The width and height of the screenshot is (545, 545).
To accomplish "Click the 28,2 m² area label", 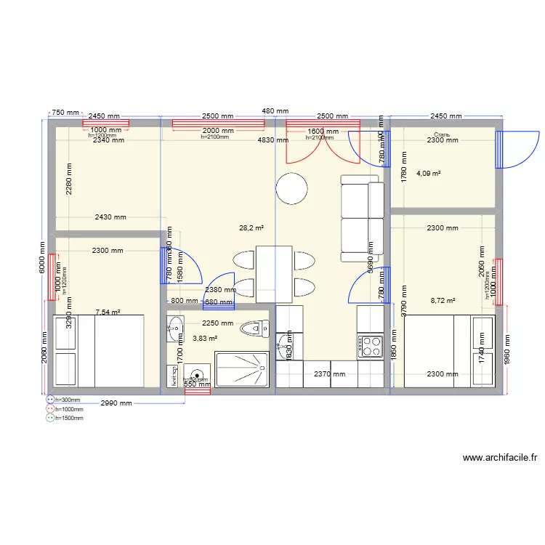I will pyautogui.click(x=251, y=227).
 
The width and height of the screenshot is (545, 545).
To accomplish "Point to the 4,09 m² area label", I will pyautogui.click(x=428, y=174).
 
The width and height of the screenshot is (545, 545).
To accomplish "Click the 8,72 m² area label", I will pyautogui.click(x=443, y=300).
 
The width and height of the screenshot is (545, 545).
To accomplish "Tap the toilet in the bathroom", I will pyautogui.click(x=255, y=328).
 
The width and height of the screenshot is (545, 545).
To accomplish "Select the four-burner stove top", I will pyautogui.click(x=371, y=346).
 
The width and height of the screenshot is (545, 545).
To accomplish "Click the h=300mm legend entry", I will pyautogui.click(x=65, y=400).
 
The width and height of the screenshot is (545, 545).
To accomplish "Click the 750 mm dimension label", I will pyautogui.click(x=65, y=113).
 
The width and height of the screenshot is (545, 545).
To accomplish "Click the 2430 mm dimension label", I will pyautogui.click(x=110, y=217).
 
